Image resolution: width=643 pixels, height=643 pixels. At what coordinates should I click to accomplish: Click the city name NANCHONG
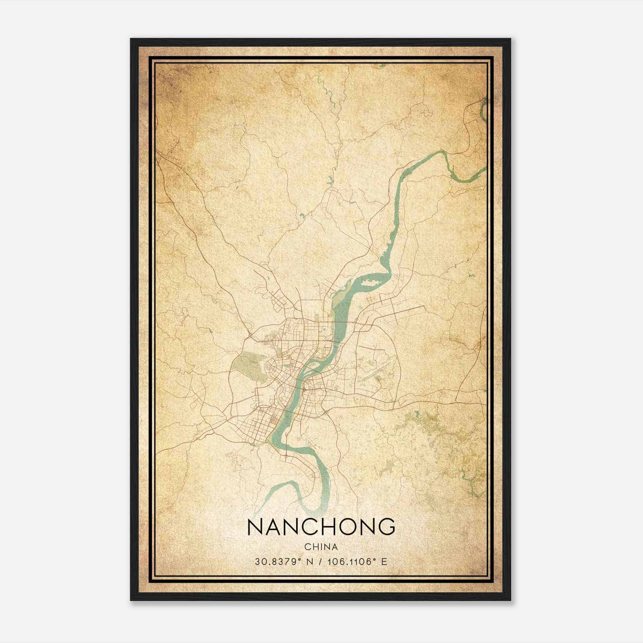pos(321,527)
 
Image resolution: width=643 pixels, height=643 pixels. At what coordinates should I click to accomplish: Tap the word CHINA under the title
pos(321,547)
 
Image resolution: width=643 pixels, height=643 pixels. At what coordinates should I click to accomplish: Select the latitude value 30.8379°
pos(278,561)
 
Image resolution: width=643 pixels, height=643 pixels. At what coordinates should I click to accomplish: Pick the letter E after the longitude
pos(385,561)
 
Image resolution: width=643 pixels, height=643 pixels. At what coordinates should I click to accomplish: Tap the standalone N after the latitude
pos(310,561)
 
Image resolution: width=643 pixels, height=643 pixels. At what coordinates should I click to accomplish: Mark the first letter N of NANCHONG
pos(256,527)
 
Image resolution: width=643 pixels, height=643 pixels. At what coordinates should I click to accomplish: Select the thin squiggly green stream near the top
pos(332,96)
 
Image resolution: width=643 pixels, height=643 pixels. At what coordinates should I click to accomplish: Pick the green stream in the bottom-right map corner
pos(468,480)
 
